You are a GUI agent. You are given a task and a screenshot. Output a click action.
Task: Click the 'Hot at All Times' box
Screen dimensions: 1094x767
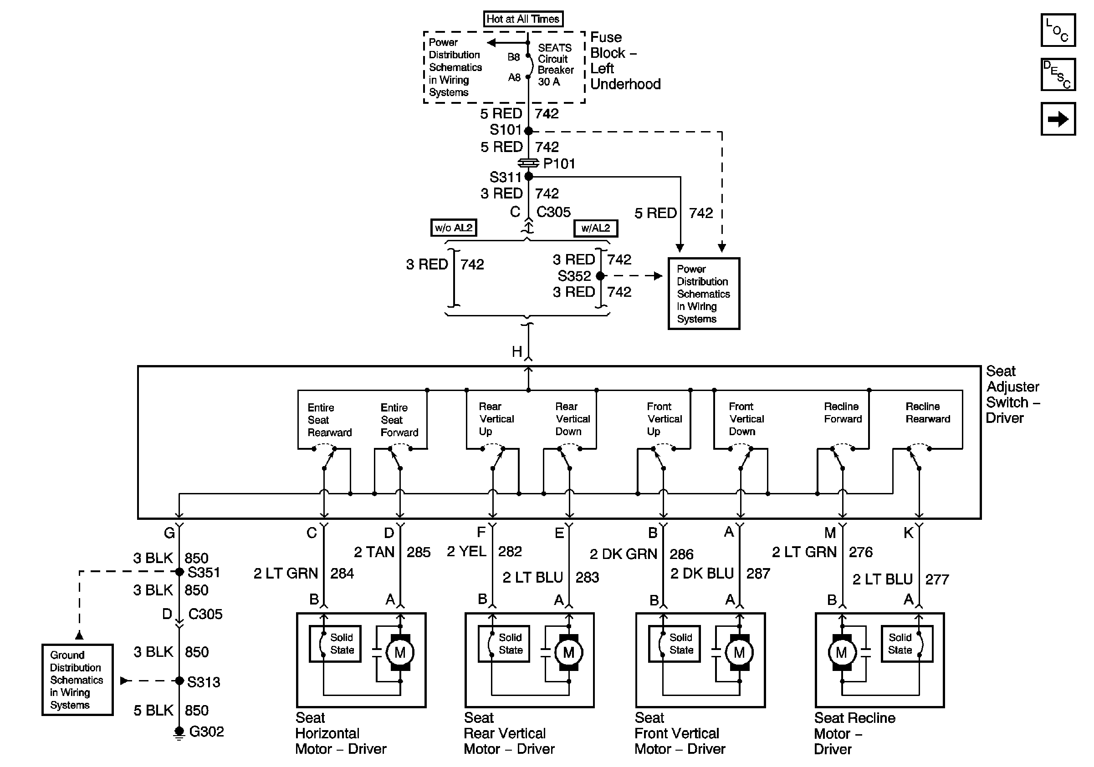pyautogui.click(x=523, y=19)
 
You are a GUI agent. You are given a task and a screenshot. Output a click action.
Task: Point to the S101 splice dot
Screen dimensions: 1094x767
pyautogui.click(x=528, y=131)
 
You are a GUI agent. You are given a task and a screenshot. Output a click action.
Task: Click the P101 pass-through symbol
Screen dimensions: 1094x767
pyautogui.click(x=528, y=163)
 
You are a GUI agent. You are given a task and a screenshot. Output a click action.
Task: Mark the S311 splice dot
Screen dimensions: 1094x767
pyautogui.click(x=528, y=176)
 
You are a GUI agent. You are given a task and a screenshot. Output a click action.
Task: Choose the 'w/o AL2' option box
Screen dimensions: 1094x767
pyautogui.click(x=454, y=228)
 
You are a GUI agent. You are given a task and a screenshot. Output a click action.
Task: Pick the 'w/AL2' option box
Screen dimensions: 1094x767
pyautogui.click(x=596, y=228)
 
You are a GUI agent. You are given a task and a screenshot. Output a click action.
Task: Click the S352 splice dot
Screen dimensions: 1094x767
pyautogui.click(x=600, y=276)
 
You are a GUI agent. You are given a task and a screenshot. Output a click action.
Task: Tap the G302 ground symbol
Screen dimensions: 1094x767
pyautogui.click(x=179, y=733)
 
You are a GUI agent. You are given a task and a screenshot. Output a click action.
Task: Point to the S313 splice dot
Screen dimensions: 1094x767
pyautogui.click(x=179, y=681)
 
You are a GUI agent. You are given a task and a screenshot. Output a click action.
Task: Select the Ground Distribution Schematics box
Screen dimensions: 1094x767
pyautogui.click(x=77, y=680)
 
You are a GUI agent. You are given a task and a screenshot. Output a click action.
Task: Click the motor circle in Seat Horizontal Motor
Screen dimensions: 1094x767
pyautogui.click(x=400, y=652)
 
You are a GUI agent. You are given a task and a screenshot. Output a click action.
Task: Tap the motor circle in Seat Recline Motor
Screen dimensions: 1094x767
pyautogui.click(x=842, y=652)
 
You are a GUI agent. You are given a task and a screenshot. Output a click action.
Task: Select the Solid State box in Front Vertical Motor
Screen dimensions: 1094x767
pyautogui.click(x=674, y=644)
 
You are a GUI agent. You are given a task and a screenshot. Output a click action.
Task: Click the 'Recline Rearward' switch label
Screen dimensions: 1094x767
pyautogui.click(x=928, y=413)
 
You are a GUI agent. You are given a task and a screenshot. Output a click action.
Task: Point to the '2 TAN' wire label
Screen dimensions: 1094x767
pyautogui.click(x=374, y=552)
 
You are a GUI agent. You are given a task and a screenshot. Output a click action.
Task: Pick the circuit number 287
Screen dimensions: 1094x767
pyautogui.click(x=758, y=573)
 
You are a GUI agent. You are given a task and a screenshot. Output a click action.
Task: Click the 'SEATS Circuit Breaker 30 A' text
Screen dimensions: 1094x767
pyautogui.click(x=556, y=65)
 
